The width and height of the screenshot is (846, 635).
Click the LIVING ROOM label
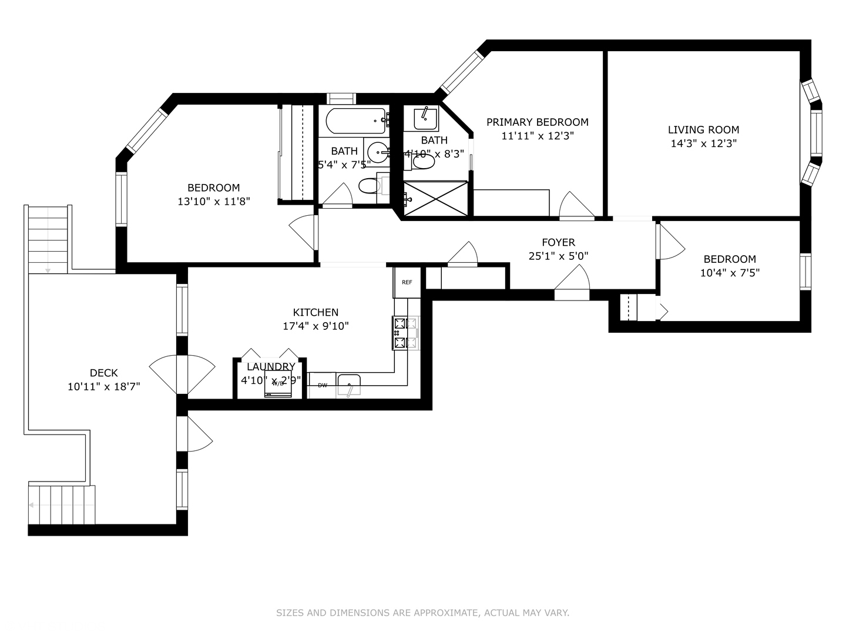coord(703,130)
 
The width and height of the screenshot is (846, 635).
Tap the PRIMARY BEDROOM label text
coord(537,122)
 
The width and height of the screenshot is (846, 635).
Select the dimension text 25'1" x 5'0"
coord(558,256)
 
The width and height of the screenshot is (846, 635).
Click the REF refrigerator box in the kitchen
coord(407,282)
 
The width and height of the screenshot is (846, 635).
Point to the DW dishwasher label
coord(323,386)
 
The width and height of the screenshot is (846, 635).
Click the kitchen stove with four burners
coord(405,333)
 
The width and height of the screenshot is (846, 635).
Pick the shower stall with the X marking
coord(435,199)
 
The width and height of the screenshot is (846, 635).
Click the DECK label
coord(103,373)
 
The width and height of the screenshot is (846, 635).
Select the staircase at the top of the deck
coord(48,239)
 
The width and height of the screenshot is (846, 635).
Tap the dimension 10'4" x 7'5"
coord(730,273)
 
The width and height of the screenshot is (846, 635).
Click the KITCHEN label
coord(315,313)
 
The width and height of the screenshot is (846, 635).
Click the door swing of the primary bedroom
coord(576,206)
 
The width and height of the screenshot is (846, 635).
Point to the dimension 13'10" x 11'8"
coord(214,202)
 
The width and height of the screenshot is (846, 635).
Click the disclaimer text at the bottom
coord(422,613)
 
